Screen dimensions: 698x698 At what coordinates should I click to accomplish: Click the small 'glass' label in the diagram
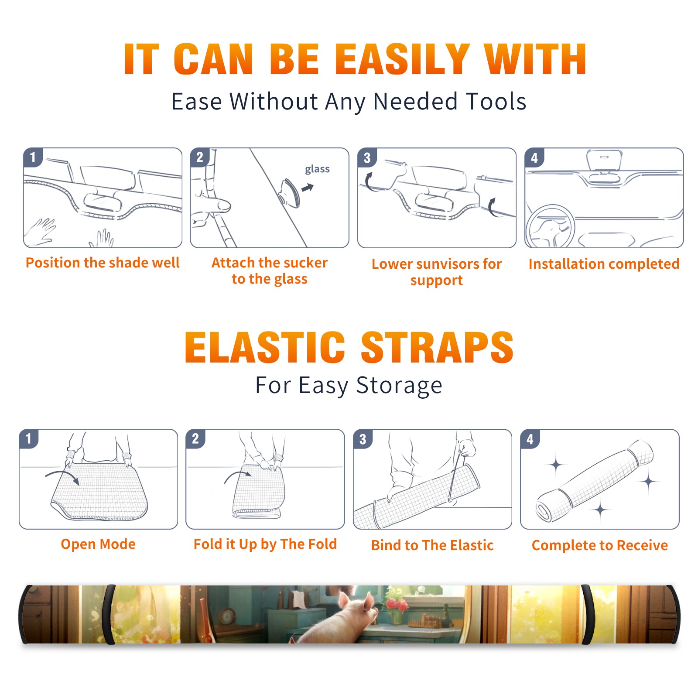click(x=317, y=169)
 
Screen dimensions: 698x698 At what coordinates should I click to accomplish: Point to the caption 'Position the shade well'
click(x=103, y=263)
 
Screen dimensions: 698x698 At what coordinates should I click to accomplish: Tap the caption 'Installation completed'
click(x=604, y=264)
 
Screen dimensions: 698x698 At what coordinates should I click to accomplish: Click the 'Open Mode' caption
click(x=98, y=544)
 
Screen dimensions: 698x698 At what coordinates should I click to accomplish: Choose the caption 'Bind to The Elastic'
click(x=432, y=545)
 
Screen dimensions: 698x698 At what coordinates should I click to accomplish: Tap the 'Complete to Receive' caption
click(x=600, y=545)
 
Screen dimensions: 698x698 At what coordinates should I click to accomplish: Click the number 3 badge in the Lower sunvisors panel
click(x=367, y=157)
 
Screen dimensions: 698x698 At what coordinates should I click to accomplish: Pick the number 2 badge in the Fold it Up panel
click(x=195, y=438)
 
